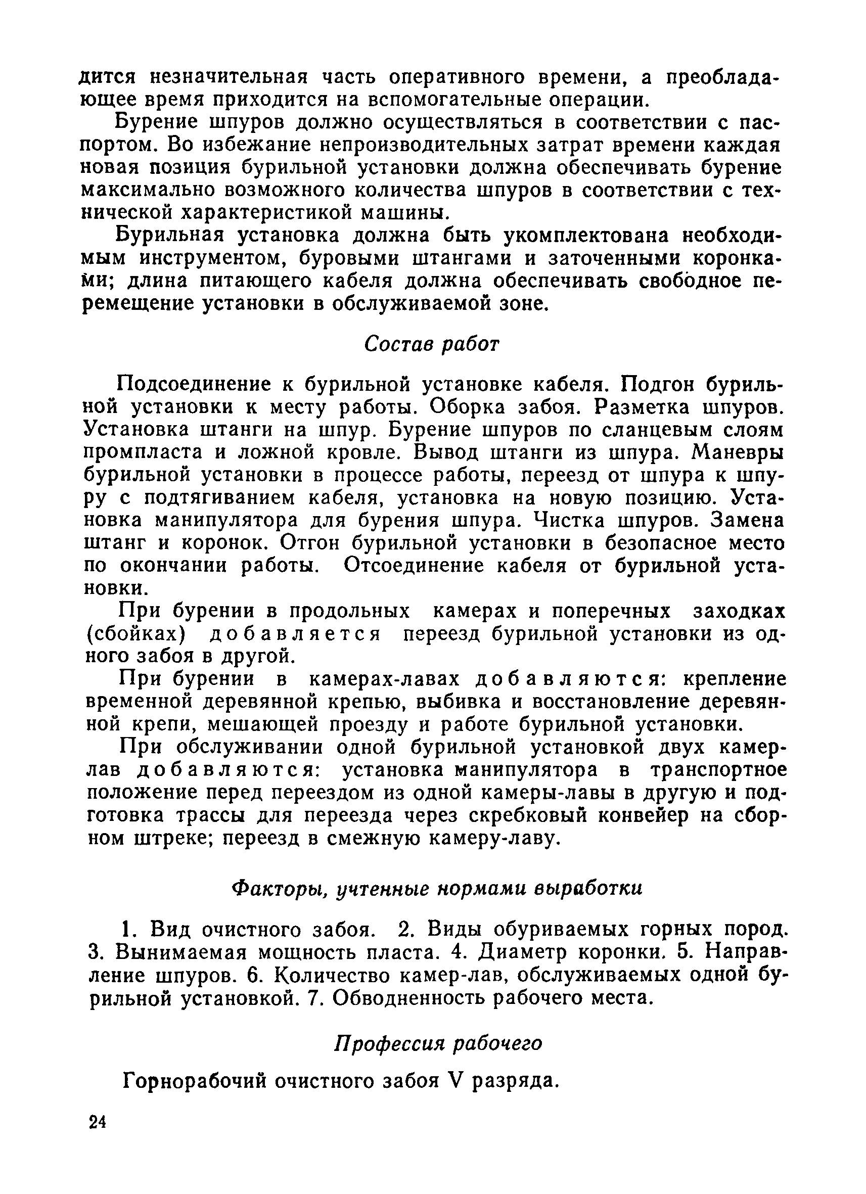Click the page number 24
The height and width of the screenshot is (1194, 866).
coord(98,1122)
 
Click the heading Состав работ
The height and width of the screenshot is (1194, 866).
coord(431,344)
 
